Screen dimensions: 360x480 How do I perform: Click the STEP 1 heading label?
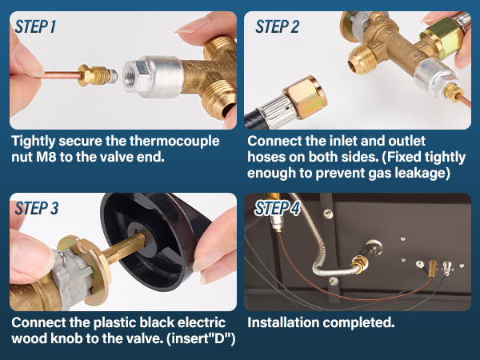tap(36, 26)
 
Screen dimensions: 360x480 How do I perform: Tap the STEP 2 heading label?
tap(277, 26)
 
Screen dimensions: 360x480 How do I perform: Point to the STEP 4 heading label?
tap(277, 209)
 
